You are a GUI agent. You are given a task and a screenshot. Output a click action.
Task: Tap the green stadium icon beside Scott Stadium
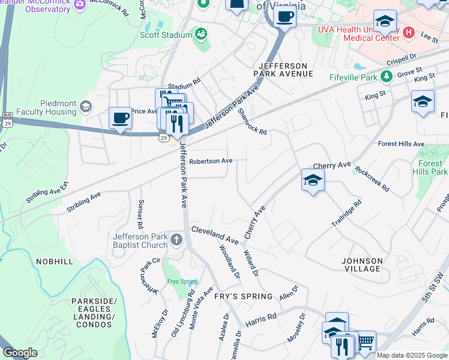pos(200,34)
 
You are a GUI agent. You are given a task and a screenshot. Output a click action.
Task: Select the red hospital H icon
pos(409,32)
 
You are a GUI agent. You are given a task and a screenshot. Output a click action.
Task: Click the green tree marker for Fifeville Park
pos(387,77)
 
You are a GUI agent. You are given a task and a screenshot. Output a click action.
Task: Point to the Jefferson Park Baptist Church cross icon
pos(176,240)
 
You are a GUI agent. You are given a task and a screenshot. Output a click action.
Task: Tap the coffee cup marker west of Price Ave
pos(121,118)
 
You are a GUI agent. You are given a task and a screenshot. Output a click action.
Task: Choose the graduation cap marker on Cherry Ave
pos(313,180)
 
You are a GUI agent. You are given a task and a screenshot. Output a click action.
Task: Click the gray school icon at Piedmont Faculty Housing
pos(86,107)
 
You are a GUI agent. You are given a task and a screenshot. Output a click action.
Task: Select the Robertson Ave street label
pos(211,161)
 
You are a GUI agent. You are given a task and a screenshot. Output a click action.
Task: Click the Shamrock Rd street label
pos(252,121)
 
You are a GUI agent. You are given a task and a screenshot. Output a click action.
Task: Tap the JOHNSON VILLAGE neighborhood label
pos(362,265)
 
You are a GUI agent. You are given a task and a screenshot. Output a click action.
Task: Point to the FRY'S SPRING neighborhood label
pos(243,296)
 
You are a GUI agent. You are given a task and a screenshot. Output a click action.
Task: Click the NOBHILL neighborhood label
pos(55,262)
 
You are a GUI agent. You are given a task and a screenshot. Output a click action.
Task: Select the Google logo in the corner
pos(20,353)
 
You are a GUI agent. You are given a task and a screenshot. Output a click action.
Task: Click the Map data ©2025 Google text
pos(412,355)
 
